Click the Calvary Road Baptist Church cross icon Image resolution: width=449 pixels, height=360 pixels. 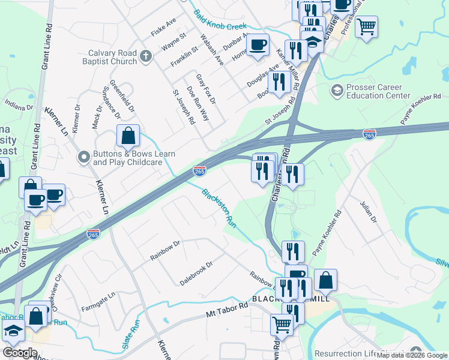[145, 58]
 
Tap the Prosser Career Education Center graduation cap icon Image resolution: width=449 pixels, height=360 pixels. [337, 91]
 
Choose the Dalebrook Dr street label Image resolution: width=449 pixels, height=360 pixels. [197, 273]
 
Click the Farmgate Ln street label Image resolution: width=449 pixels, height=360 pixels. [98, 303]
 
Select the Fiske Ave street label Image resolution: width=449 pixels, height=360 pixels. [164, 28]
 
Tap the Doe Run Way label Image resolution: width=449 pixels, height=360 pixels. [197, 103]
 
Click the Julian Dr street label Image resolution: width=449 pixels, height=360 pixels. [367, 212]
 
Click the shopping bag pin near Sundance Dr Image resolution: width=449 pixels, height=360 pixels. [128, 137]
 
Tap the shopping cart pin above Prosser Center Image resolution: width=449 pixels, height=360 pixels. [366, 26]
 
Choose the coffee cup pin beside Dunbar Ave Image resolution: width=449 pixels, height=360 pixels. [258, 45]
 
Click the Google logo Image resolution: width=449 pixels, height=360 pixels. [20, 353]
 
